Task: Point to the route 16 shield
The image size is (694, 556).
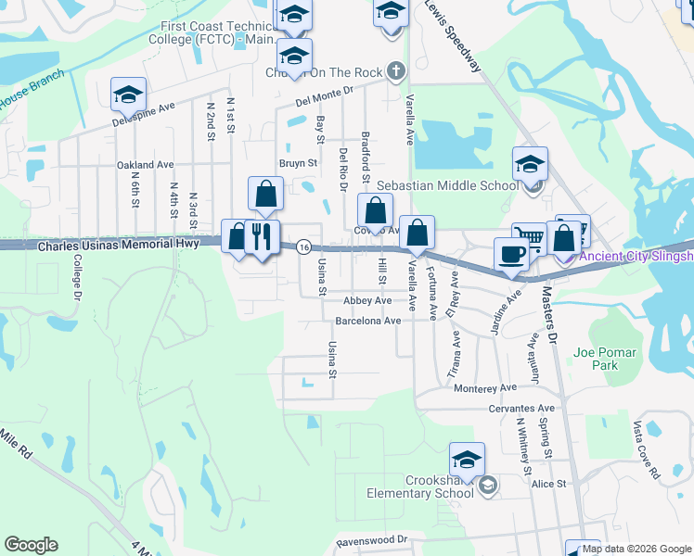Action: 303,246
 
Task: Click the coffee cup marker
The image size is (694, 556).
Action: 509,253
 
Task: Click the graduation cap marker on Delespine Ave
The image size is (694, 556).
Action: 128,94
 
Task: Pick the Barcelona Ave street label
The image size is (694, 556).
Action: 367,321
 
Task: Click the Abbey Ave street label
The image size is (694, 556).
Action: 367,300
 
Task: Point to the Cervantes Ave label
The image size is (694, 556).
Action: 521,408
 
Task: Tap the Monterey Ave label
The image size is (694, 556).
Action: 485,388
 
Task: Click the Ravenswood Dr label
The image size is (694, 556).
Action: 371,538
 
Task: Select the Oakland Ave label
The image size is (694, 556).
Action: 146,165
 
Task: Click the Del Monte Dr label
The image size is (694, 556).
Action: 326,91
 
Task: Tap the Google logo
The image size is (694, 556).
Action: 32,545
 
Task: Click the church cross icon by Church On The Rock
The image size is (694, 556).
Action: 395,70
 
